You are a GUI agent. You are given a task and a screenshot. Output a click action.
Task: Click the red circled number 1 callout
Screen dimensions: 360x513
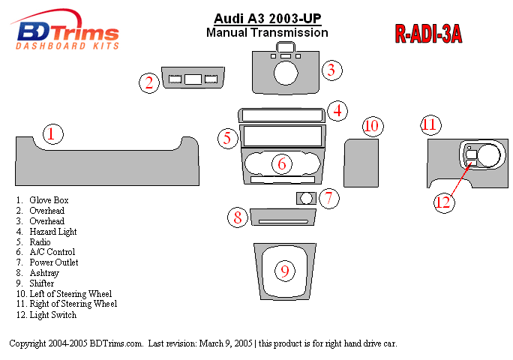(x=51, y=135)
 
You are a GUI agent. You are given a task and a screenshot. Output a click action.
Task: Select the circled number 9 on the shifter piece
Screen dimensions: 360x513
(x=284, y=271)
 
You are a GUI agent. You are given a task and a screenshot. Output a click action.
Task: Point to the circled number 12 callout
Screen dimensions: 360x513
(x=443, y=202)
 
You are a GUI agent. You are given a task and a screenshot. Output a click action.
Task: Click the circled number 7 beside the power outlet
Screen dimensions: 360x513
(x=328, y=199)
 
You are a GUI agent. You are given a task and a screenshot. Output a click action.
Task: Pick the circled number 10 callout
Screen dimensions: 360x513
(x=373, y=126)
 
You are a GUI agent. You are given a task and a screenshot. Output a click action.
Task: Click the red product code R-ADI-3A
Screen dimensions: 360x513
(x=427, y=34)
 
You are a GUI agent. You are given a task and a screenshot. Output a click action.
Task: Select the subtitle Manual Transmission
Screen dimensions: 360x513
(x=267, y=33)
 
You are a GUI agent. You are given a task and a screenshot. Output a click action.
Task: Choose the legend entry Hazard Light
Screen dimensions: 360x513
(x=52, y=232)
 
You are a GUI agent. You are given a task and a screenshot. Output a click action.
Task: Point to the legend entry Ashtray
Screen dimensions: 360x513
(x=43, y=273)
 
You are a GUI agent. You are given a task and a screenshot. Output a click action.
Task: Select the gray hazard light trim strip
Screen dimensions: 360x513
(x=280, y=115)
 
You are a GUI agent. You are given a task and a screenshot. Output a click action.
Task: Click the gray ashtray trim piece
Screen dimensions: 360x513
(x=282, y=217)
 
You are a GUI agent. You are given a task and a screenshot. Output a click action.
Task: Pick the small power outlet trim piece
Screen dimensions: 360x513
(x=305, y=198)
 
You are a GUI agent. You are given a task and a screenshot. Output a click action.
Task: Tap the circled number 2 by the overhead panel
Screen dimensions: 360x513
(x=149, y=83)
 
